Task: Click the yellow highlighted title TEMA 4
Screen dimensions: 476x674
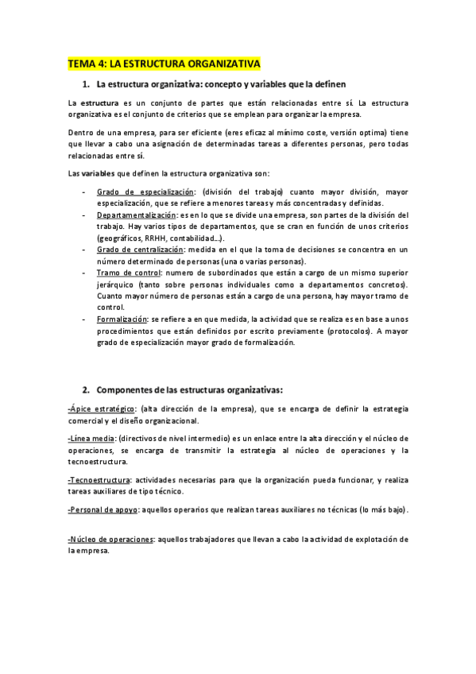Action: pos(164,64)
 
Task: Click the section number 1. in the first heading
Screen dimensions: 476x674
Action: pos(86,84)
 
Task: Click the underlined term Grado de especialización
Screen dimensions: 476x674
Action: pos(145,192)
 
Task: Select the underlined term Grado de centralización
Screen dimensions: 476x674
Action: pos(139,250)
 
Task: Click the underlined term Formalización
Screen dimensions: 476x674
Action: pos(124,319)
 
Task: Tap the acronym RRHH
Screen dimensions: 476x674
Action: pos(154,238)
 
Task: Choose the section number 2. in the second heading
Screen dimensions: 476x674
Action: pos(86,389)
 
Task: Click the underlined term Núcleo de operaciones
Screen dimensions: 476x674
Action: pos(110,538)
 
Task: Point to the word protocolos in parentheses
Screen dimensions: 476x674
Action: pos(347,331)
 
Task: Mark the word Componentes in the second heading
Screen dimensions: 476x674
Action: pos(127,389)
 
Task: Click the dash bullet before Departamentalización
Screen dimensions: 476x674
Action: pos(84,215)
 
